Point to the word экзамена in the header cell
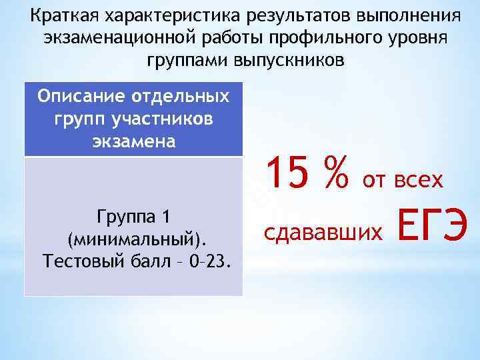[x=133, y=142]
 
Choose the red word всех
[x=418, y=179]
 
